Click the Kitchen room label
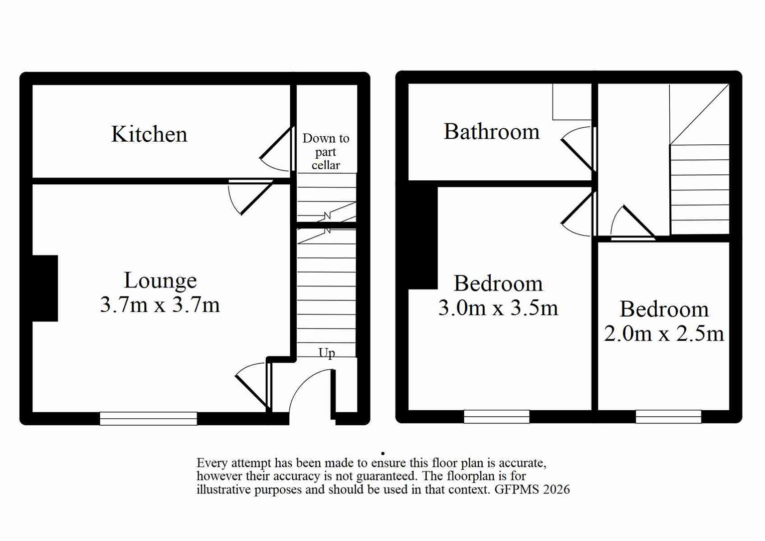click(149, 134)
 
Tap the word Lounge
click(160, 281)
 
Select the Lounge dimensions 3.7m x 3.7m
click(159, 305)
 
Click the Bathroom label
click(491, 132)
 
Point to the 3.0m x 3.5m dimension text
click(498, 308)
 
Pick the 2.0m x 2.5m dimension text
click(664, 334)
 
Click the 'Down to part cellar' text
click(326, 151)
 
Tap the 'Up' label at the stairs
click(326, 353)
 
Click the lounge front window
click(148, 418)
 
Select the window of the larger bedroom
click(496, 416)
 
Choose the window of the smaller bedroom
click(668, 416)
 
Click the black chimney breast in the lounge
click(45, 288)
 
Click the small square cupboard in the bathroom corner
click(571, 102)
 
